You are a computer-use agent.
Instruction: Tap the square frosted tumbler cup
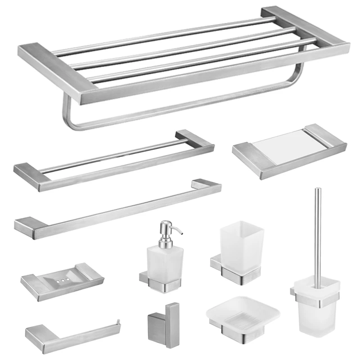(x=238, y=245)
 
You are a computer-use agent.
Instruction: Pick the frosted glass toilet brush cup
(x=315, y=306)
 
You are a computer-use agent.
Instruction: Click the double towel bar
(x=112, y=162)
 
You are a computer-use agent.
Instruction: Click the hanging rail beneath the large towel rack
(x=180, y=108)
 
